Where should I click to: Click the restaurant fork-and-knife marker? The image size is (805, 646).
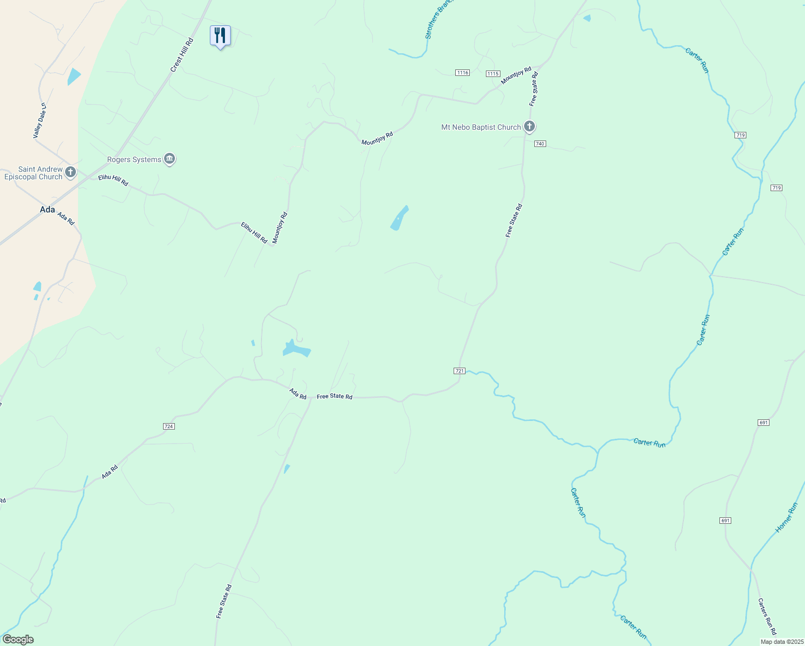220,36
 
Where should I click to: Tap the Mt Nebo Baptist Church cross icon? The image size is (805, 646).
529,127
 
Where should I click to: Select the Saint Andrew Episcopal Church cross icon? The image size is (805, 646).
70,173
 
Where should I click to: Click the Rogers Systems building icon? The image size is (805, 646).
170,159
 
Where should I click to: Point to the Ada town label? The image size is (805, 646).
47,209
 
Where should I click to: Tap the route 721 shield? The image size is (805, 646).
459,371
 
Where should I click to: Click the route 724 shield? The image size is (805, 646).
168,426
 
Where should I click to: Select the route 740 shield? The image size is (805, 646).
540,144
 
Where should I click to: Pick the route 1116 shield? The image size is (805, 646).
462,73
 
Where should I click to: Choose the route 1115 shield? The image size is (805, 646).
492,74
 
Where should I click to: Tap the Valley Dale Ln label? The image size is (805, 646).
40,121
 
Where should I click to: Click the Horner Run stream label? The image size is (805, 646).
786,518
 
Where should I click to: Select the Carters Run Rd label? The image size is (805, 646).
767,616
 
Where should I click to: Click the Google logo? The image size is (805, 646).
18,640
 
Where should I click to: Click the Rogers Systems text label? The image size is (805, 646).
134,159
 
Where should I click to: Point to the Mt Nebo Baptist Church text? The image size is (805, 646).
481,127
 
